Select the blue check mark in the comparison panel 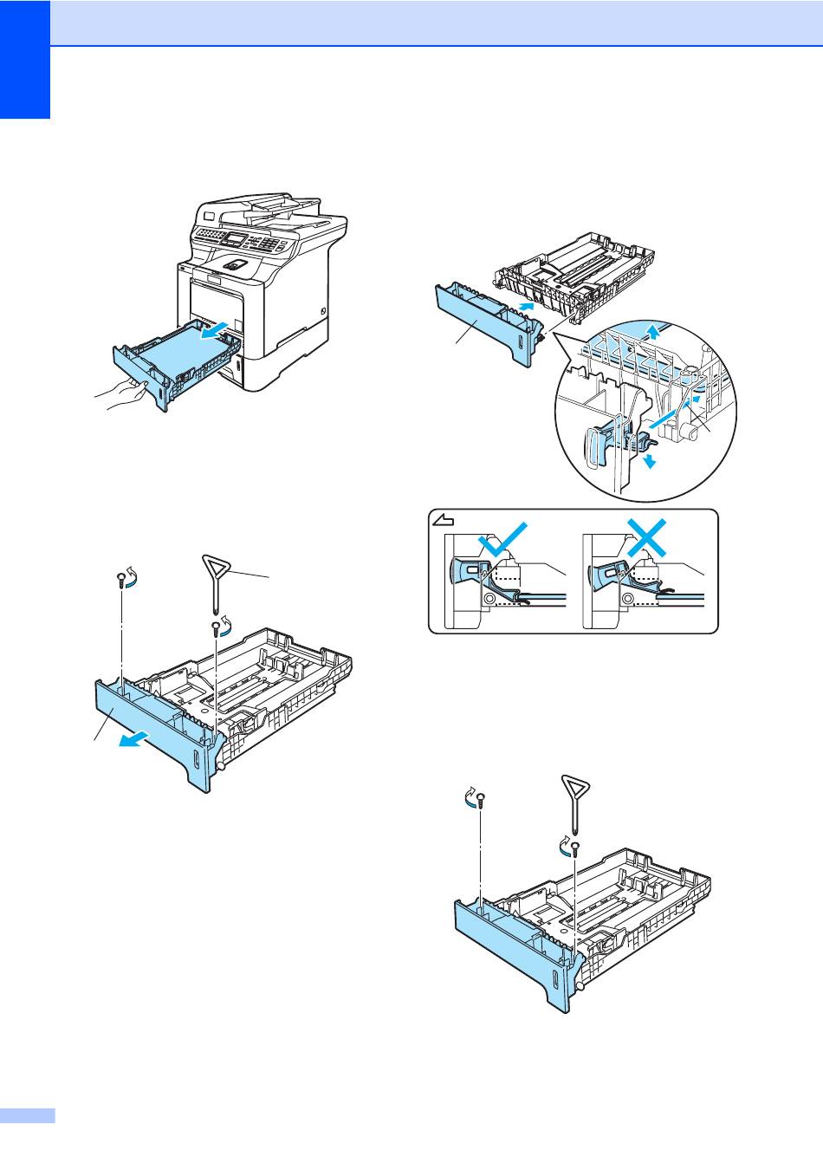coord(501,542)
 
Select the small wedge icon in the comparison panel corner coord(443,521)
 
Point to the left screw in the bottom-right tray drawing coord(480,801)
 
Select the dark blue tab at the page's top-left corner coord(25,60)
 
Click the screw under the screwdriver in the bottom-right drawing coord(574,848)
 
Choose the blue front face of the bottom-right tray coord(511,953)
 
